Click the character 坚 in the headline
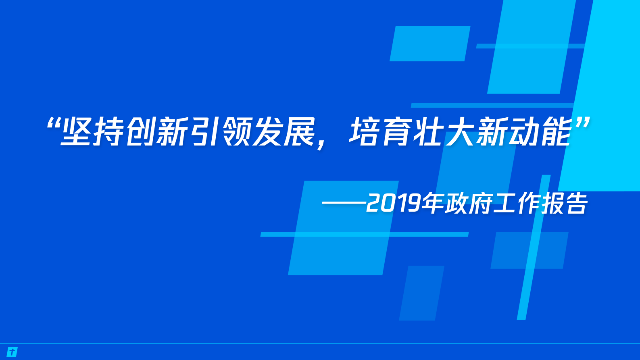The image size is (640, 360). (x=76, y=132)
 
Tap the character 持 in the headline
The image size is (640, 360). (x=108, y=132)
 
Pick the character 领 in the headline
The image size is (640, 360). (x=237, y=132)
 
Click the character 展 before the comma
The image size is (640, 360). (x=300, y=132)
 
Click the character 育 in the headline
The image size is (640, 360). (x=397, y=132)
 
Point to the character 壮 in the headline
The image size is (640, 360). (x=429, y=132)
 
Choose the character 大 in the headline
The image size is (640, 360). (x=461, y=132)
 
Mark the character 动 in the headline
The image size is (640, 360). (x=524, y=132)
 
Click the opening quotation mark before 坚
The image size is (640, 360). (x=53, y=123)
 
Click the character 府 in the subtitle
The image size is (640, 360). (x=480, y=203)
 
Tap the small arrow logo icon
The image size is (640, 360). (x=13, y=352)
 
